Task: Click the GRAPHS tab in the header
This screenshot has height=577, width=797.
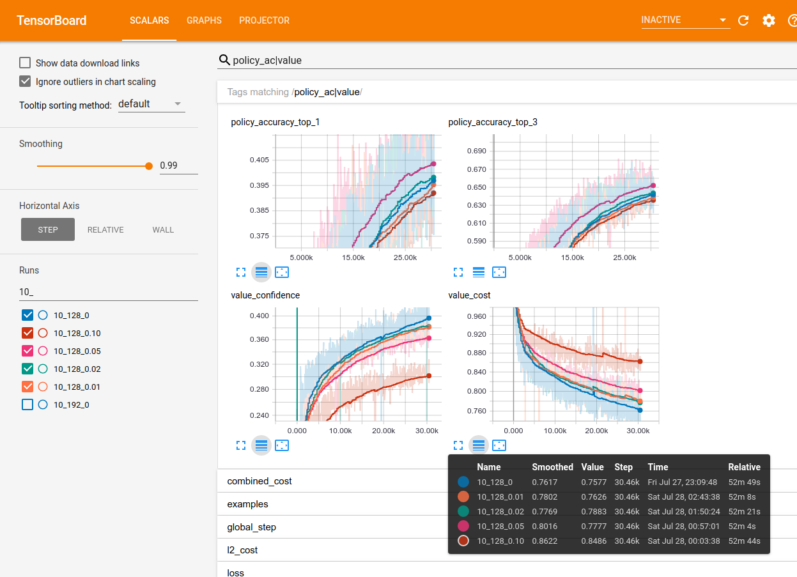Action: pos(204,20)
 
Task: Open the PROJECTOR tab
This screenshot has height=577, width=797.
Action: pos(264,20)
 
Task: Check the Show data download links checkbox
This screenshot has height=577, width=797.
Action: pos(26,63)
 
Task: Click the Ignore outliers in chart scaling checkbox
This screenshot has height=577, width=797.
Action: pos(26,81)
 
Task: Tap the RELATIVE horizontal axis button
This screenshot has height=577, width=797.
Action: pos(105,230)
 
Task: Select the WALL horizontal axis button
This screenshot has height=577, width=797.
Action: pos(163,230)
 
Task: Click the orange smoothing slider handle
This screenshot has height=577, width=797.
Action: pos(149,165)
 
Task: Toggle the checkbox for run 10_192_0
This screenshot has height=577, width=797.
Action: pos(27,404)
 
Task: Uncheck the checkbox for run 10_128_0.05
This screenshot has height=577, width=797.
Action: pos(27,351)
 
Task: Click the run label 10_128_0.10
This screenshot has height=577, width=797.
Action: pos(77,333)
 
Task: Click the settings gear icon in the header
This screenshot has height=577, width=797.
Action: pos(769,20)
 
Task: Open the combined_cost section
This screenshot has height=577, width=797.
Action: pos(259,481)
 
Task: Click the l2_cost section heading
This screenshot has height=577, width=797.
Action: pos(242,550)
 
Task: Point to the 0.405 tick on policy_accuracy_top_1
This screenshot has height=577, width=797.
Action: pos(259,160)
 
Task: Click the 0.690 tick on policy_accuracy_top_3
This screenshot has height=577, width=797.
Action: pos(477,151)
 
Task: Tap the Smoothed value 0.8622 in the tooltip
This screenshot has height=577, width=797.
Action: pos(545,541)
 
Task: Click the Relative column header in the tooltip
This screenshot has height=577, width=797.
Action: pos(744,467)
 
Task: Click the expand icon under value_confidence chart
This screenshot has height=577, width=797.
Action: pos(241,445)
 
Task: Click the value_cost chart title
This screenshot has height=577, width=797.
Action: pos(470,295)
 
